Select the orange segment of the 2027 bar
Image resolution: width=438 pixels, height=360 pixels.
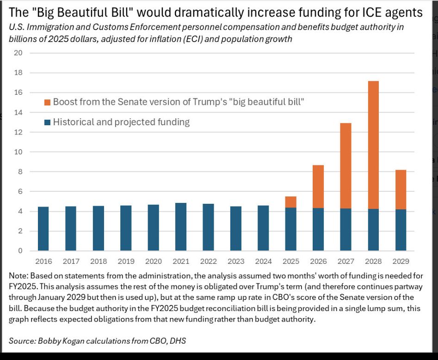345,166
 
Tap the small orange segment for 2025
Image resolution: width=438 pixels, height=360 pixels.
290,201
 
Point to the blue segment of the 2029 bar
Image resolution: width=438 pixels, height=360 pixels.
401,230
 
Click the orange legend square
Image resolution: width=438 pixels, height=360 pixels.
47,102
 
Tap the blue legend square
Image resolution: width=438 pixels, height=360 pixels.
47,122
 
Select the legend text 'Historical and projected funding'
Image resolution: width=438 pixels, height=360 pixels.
121,122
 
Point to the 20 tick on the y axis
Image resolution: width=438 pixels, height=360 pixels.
19,53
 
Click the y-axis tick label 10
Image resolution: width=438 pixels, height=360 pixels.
19,152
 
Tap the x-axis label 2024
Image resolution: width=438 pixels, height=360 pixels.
263,262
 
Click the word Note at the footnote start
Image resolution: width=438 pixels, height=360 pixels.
18,276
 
